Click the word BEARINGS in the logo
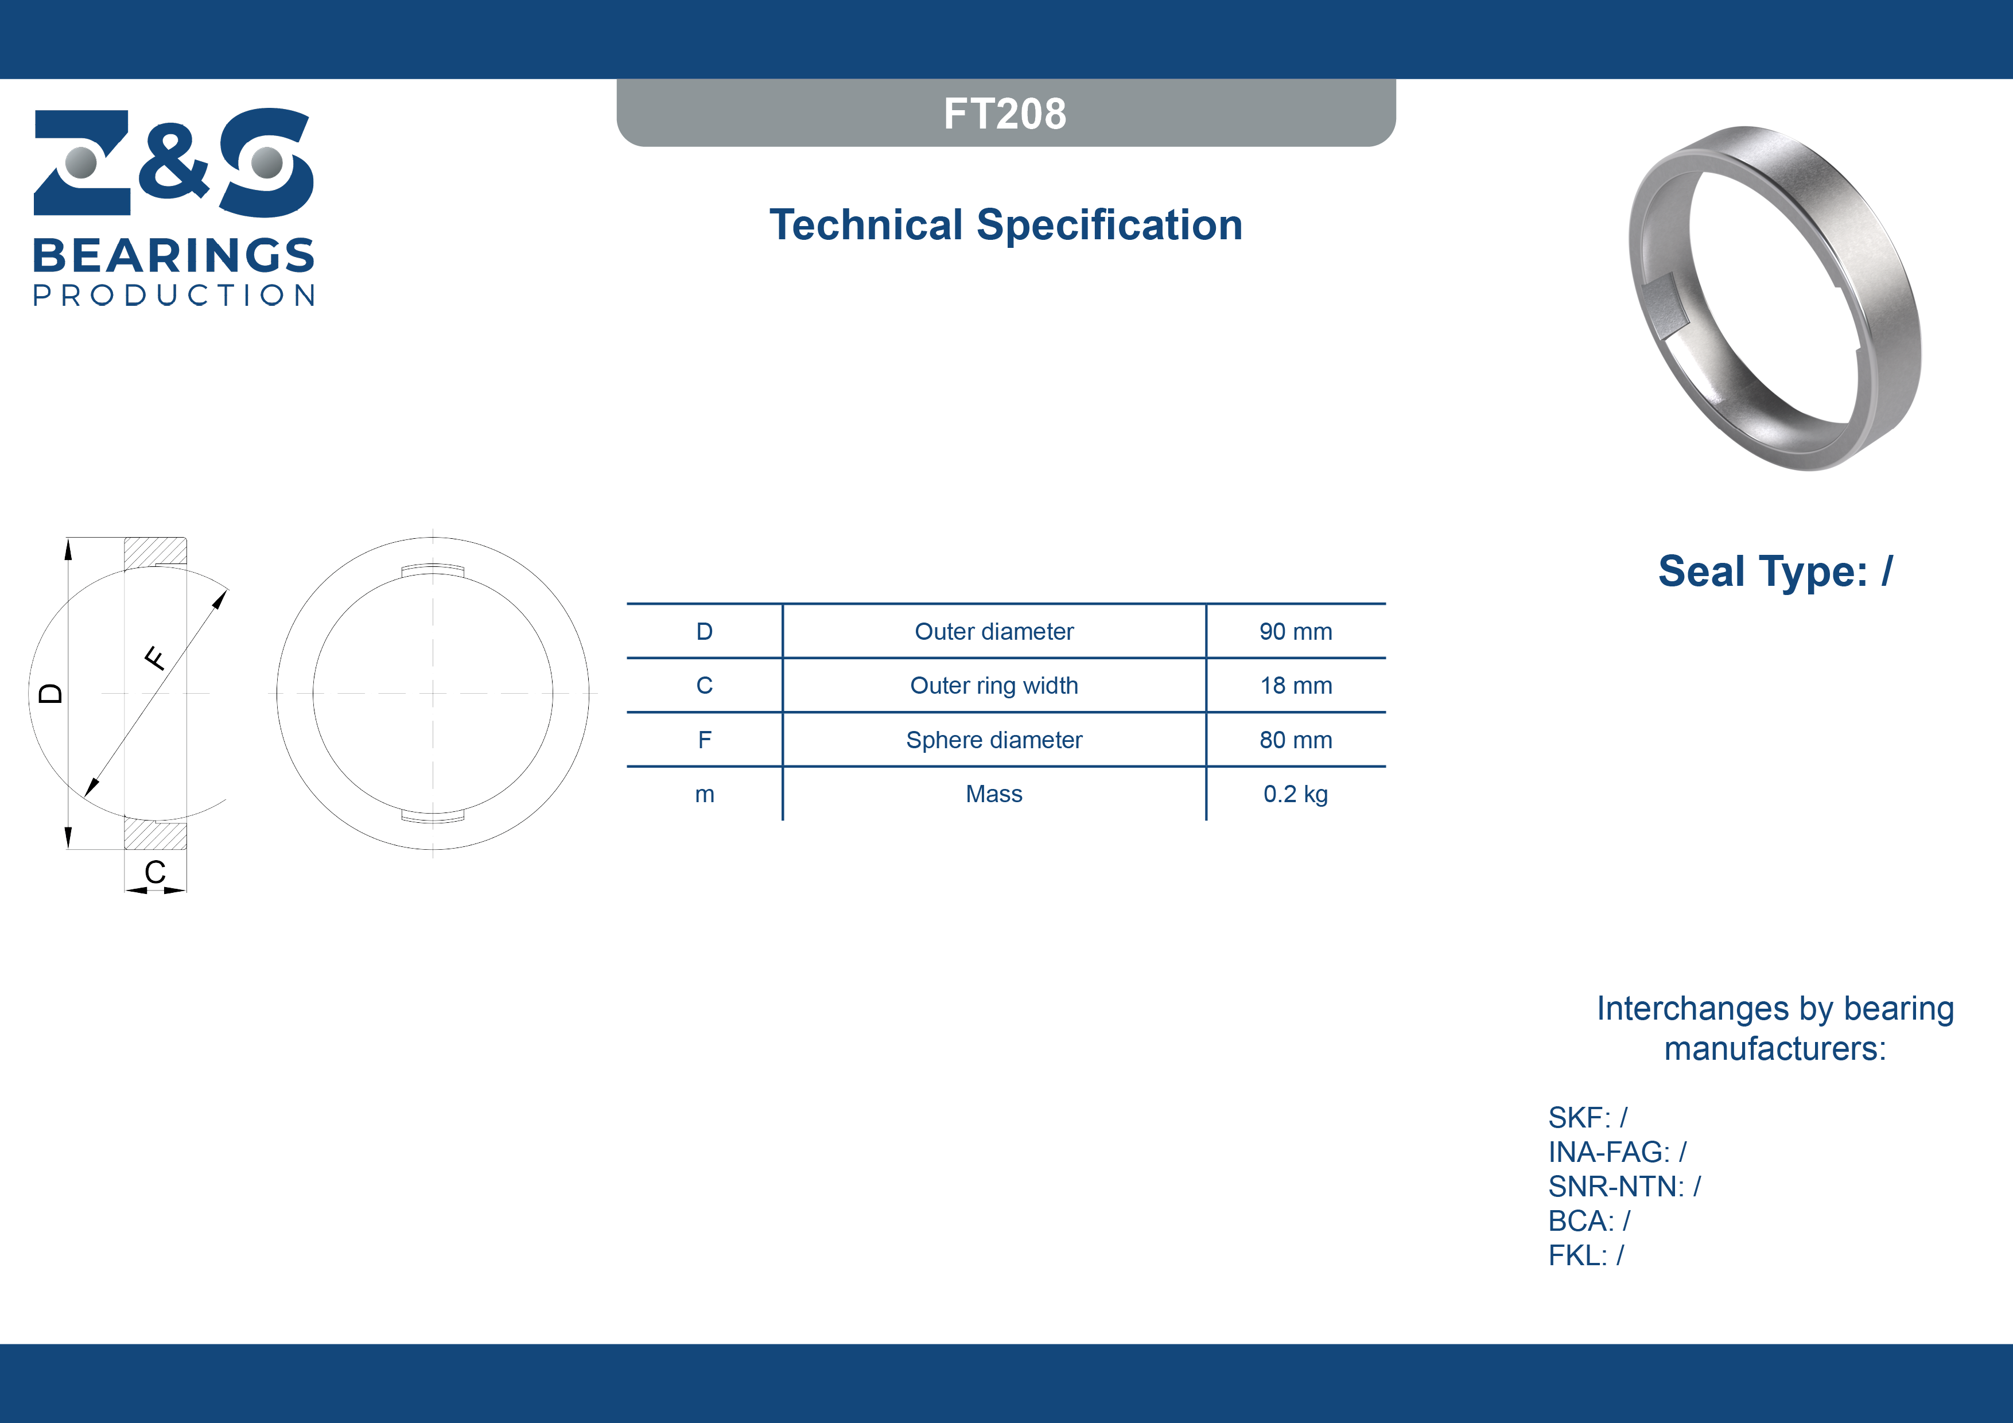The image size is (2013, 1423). coord(174,255)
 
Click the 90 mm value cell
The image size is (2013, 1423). coord(1296,631)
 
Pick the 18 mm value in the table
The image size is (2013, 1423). coord(1296,686)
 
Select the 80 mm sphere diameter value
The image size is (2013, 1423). coord(1296,740)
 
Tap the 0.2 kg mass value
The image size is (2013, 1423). coord(1296,794)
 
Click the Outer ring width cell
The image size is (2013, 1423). coord(994,686)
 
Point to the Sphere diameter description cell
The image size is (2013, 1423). coord(994,740)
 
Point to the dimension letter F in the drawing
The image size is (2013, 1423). coord(155,658)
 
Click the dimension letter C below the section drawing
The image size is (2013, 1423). coord(155,872)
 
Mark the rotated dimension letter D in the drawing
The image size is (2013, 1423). coord(51,694)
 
